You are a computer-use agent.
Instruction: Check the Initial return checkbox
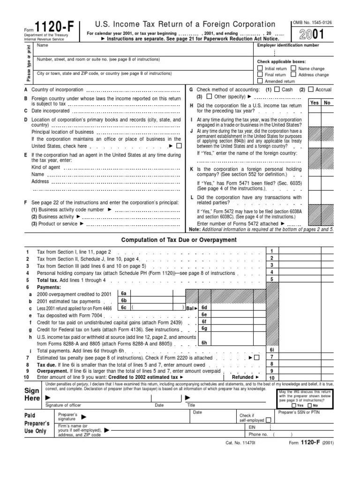click(260, 68)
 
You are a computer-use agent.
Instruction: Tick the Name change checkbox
click(293, 68)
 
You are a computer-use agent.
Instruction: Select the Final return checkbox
click(260, 75)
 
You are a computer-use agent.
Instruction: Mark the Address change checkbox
click(293, 75)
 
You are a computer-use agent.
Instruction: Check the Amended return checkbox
click(260, 81)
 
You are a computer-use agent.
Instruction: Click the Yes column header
click(315, 103)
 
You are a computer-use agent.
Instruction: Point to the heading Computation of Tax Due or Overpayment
click(179, 240)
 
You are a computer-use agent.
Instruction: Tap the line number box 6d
click(204, 307)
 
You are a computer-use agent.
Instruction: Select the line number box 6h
click(204, 343)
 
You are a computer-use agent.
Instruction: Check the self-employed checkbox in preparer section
click(268, 420)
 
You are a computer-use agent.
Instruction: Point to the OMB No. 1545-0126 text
click(312, 22)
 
